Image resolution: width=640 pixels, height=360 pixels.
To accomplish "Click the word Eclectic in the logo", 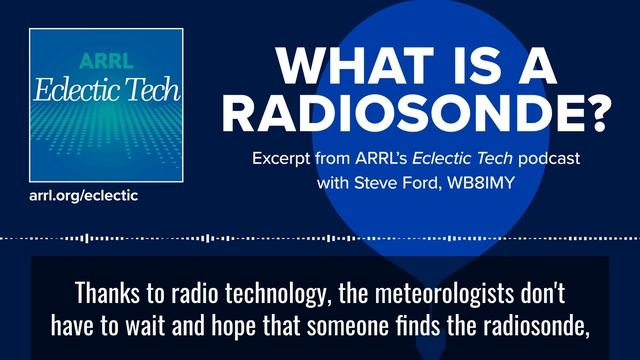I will (81, 91).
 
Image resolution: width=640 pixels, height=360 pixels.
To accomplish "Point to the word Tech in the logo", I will (154, 91).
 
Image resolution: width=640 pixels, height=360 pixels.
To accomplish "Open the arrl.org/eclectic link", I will (83, 195).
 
